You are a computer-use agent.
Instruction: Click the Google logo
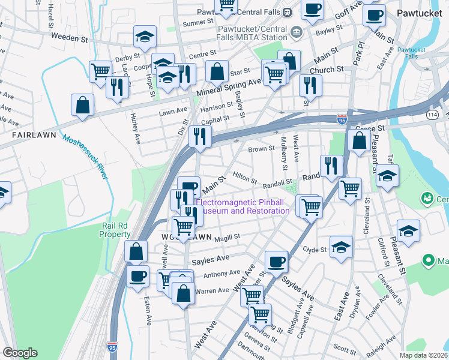coord(20,353)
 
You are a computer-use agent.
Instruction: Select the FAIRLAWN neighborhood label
coord(35,136)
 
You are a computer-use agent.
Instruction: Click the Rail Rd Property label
coord(115,230)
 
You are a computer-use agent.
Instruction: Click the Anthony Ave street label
coord(221,274)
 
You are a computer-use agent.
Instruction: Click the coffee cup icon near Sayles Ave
coord(276,261)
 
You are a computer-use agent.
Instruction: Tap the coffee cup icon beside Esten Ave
coord(138,276)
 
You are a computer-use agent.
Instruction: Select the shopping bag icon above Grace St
coord(359,141)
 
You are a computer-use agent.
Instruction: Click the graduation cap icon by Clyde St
coord(341,247)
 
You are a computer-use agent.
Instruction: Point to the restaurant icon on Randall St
coord(331,164)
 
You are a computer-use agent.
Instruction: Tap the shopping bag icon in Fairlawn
coord(82,104)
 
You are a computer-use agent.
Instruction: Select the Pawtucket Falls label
coord(411,53)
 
